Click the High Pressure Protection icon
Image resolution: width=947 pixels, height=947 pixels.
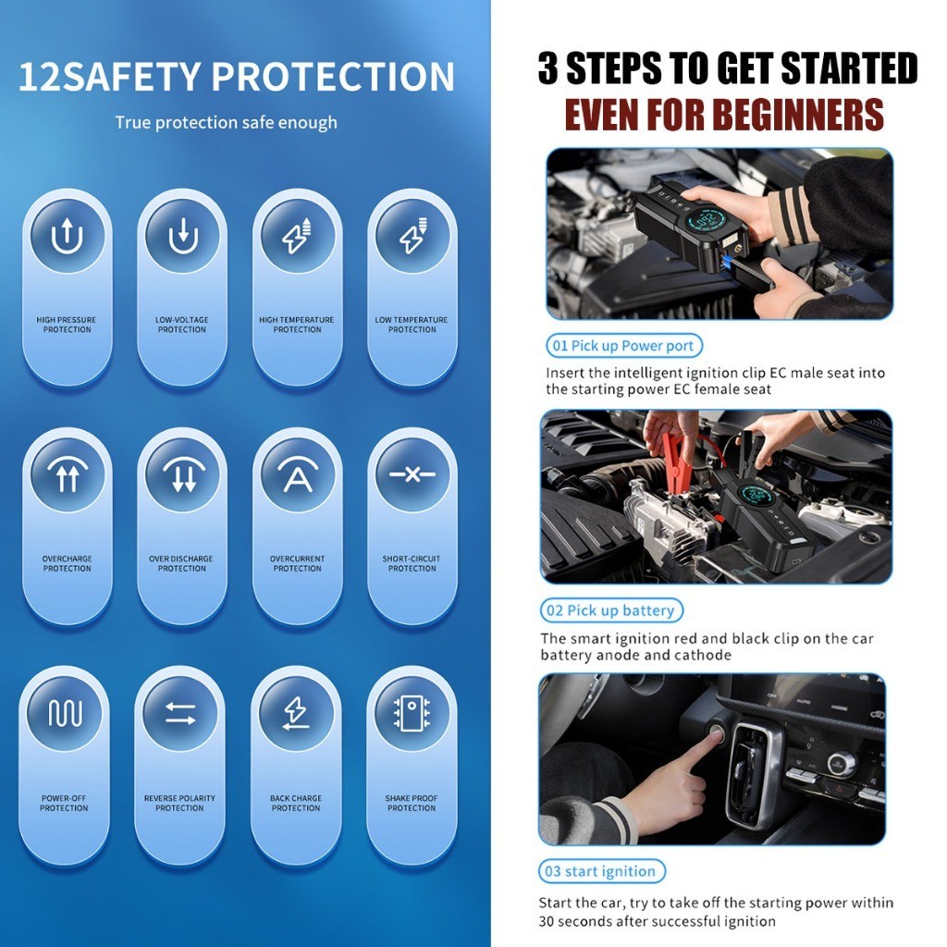[x=67, y=236]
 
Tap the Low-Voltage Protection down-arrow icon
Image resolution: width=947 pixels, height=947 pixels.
[x=182, y=236]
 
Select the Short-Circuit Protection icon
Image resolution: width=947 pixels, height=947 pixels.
[x=412, y=474]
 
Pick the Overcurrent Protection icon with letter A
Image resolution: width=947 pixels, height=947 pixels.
[x=298, y=474]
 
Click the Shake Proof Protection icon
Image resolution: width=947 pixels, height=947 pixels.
[x=412, y=713]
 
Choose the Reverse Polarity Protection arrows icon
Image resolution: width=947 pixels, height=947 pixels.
[x=180, y=713]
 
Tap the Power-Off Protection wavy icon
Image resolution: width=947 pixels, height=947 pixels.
[x=65, y=713]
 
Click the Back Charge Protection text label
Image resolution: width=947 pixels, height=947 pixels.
[x=296, y=804]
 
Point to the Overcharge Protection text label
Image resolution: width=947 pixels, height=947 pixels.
[x=67, y=563]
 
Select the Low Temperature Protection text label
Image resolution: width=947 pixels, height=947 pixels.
[x=412, y=325]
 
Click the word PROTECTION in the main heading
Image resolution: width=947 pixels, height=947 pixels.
[x=332, y=77]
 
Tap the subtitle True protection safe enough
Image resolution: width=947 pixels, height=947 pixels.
[x=227, y=123]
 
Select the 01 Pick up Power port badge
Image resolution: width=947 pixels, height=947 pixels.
[x=624, y=346]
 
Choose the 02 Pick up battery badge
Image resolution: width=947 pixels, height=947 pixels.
[x=611, y=610]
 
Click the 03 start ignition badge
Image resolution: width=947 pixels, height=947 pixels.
[x=601, y=871]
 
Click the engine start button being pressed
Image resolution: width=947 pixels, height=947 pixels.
[x=717, y=732]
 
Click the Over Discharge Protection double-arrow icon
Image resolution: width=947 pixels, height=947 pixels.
[x=182, y=474]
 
